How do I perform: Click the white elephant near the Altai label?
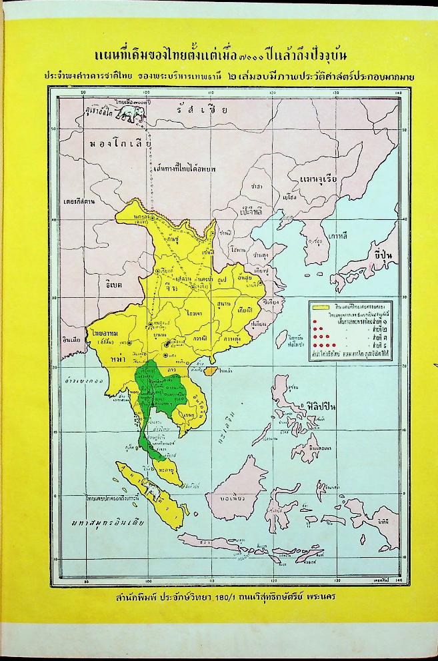pos(129,114)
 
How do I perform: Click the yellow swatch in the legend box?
pos(321,307)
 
